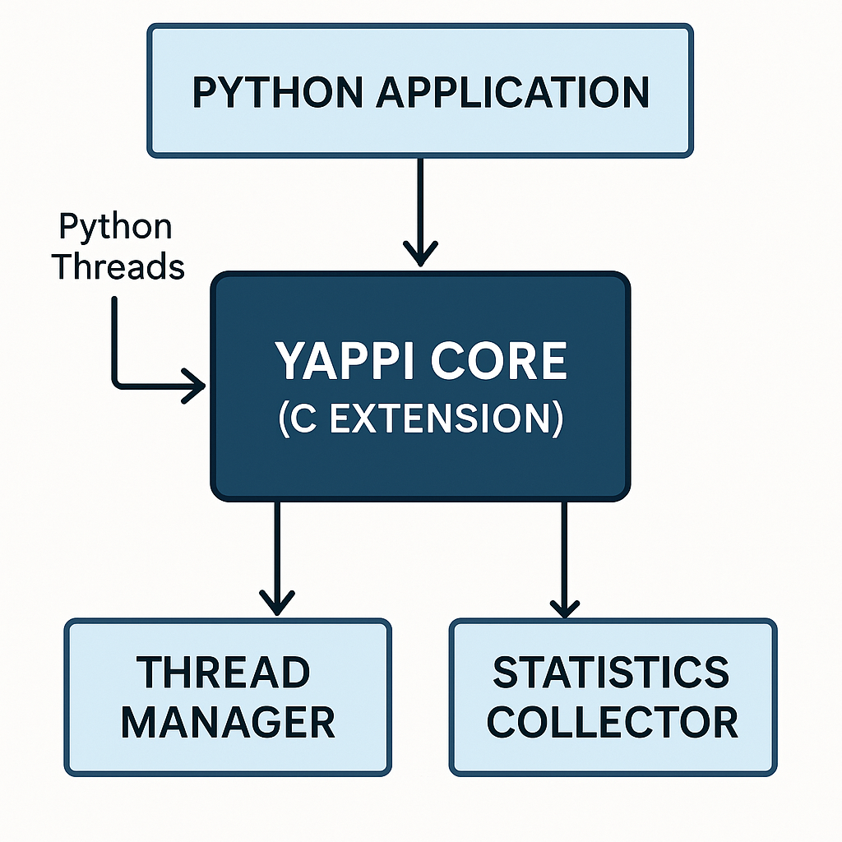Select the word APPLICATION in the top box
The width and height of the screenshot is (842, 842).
(x=512, y=92)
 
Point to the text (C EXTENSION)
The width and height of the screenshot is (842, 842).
(x=420, y=418)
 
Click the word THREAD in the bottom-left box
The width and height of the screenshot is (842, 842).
(x=224, y=673)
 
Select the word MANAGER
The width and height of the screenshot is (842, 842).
(x=228, y=722)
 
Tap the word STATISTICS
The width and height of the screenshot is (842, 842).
(x=611, y=673)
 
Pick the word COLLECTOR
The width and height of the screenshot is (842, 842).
(x=613, y=722)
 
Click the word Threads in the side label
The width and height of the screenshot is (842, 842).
(x=119, y=266)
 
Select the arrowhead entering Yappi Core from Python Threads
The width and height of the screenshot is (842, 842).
(x=195, y=385)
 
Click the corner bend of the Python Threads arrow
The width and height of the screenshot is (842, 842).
(x=116, y=383)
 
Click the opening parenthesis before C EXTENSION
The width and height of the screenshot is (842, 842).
(x=284, y=419)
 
